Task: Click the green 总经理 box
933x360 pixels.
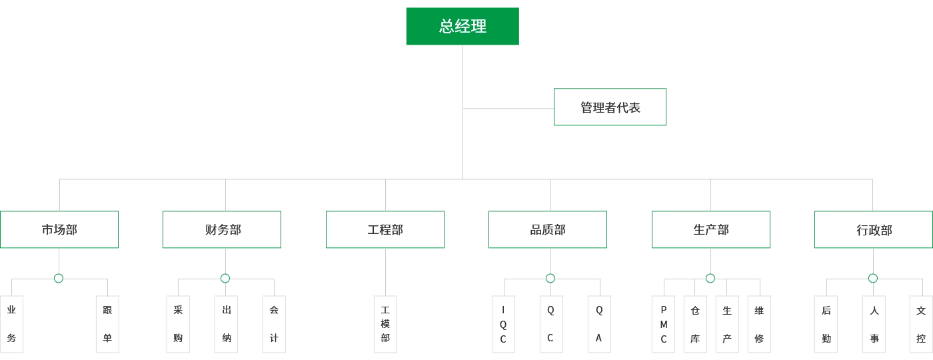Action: (x=463, y=27)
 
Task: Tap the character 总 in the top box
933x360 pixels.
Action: (x=447, y=27)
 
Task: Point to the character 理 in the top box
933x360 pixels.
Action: (x=479, y=27)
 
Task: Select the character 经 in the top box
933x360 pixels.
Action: (x=463, y=27)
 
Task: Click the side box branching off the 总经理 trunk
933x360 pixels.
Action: (x=608, y=107)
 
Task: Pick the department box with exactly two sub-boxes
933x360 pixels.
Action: (x=61, y=230)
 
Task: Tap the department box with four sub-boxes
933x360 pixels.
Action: (x=711, y=230)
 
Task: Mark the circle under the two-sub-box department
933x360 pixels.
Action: (x=59, y=278)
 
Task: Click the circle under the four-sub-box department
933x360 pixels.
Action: (x=710, y=278)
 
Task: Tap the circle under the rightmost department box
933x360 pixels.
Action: (x=873, y=278)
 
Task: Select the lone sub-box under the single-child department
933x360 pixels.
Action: (x=387, y=325)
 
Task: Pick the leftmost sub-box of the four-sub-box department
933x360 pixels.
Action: (x=663, y=325)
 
